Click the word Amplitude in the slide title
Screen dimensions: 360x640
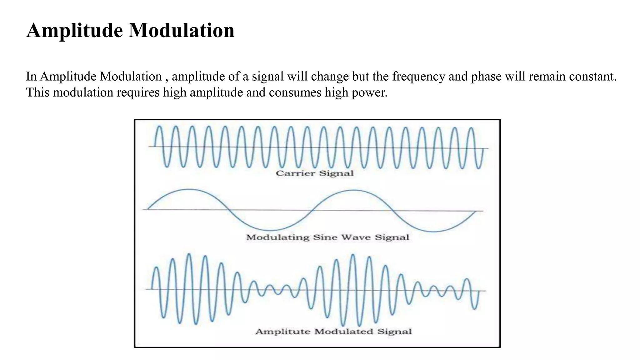75,31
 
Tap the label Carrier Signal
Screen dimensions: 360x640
315,173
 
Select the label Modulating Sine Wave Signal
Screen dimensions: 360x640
327,237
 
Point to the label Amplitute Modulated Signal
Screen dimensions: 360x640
333,332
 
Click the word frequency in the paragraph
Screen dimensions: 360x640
419,77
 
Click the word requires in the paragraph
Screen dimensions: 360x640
138,93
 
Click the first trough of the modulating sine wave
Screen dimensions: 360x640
270,231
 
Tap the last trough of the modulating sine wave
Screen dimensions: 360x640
434,232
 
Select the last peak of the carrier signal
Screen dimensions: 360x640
471,128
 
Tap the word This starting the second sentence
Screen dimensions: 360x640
38,93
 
